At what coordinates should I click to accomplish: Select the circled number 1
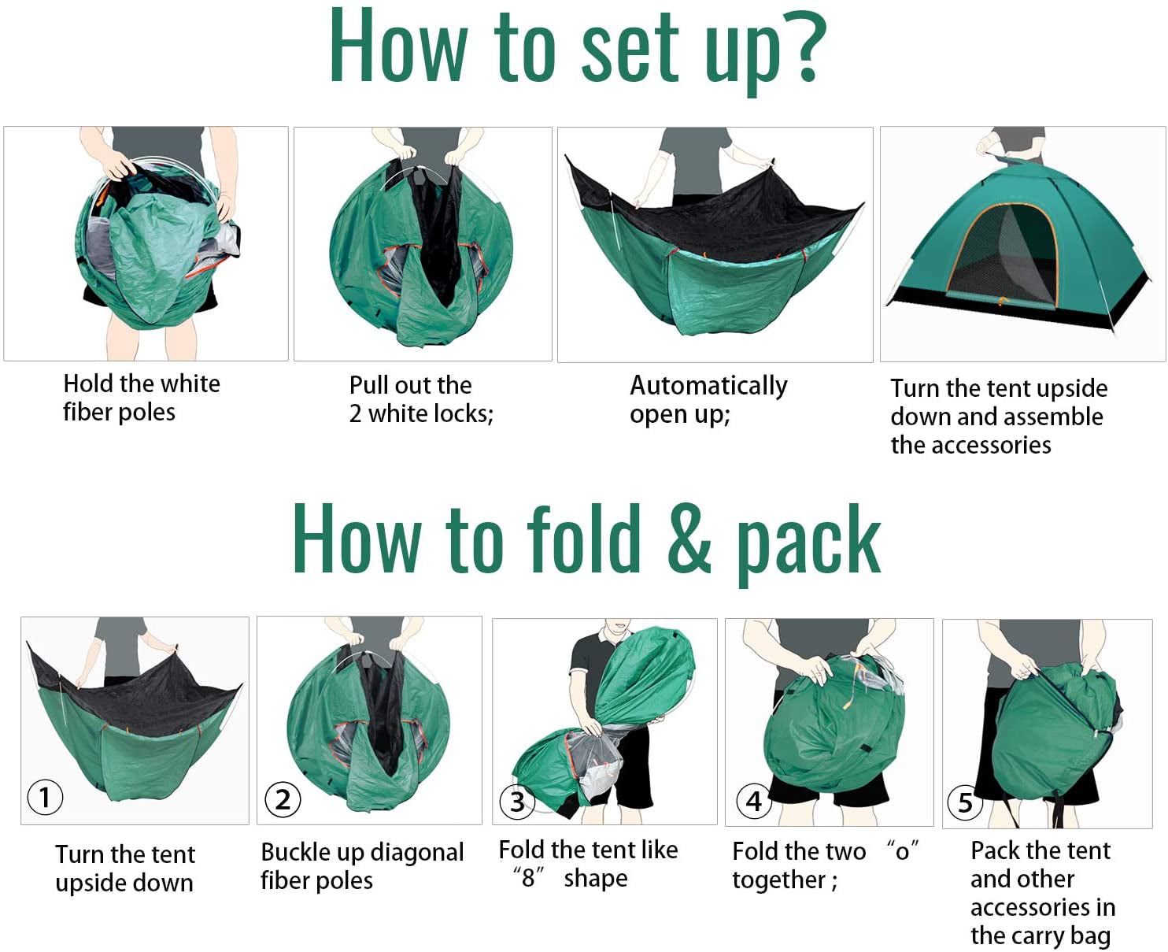(45, 798)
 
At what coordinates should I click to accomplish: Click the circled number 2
(283, 800)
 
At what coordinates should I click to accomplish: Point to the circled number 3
(517, 802)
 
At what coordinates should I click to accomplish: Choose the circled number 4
(753, 801)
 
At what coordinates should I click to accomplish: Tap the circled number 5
(964, 802)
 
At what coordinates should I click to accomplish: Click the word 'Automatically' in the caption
(708, 386)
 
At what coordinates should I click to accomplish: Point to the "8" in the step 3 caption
(529, 878)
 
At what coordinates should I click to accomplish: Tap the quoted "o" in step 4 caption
(903, 851)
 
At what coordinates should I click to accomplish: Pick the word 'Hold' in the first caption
(88, 383)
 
